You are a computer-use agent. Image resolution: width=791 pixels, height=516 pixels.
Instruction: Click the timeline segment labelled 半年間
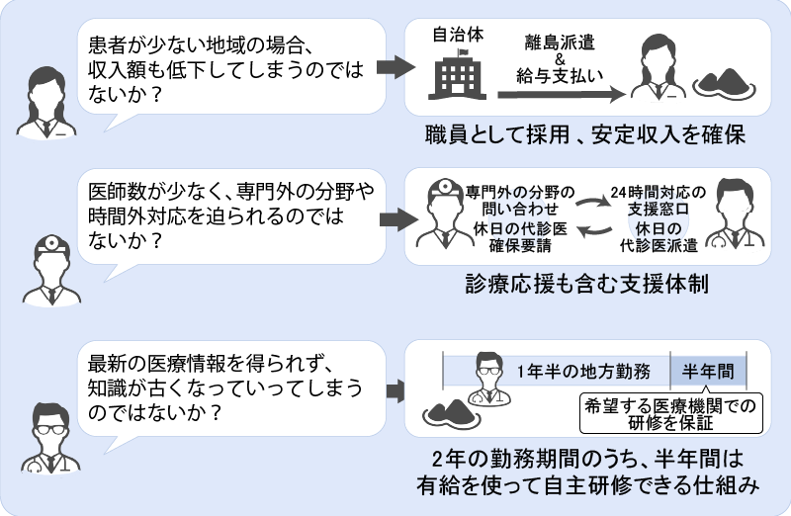pos(707,372)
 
